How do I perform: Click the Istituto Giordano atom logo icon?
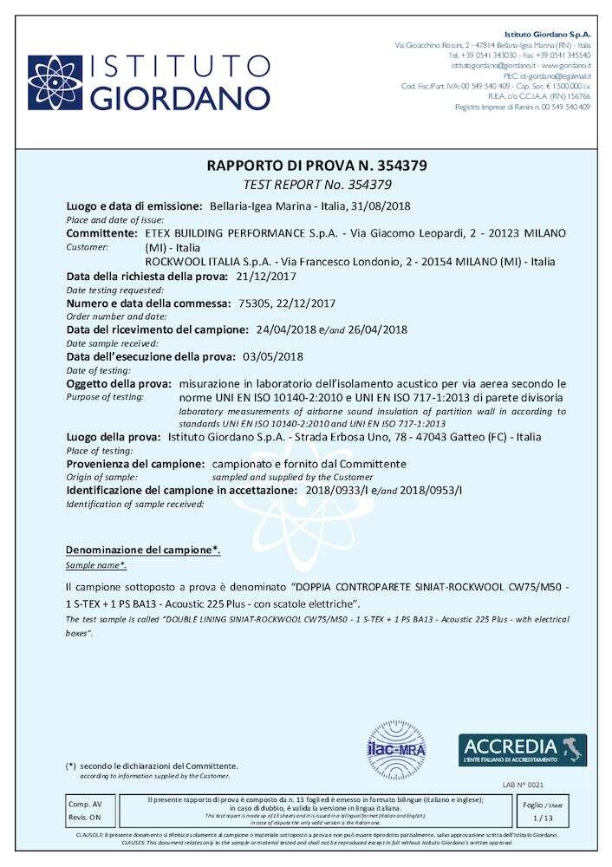click(x=54, y=83)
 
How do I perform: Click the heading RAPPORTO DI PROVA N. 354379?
click(x=305, y=166)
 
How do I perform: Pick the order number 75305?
click(x=252, y=303)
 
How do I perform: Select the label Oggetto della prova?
click(x=120, y=383)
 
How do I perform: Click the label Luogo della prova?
click(x=114, y=437)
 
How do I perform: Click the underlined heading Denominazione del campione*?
click(x=143, y=550)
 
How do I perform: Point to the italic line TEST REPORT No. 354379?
click(x=305, y=184)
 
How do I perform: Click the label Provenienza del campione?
click(x=136, y=464)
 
